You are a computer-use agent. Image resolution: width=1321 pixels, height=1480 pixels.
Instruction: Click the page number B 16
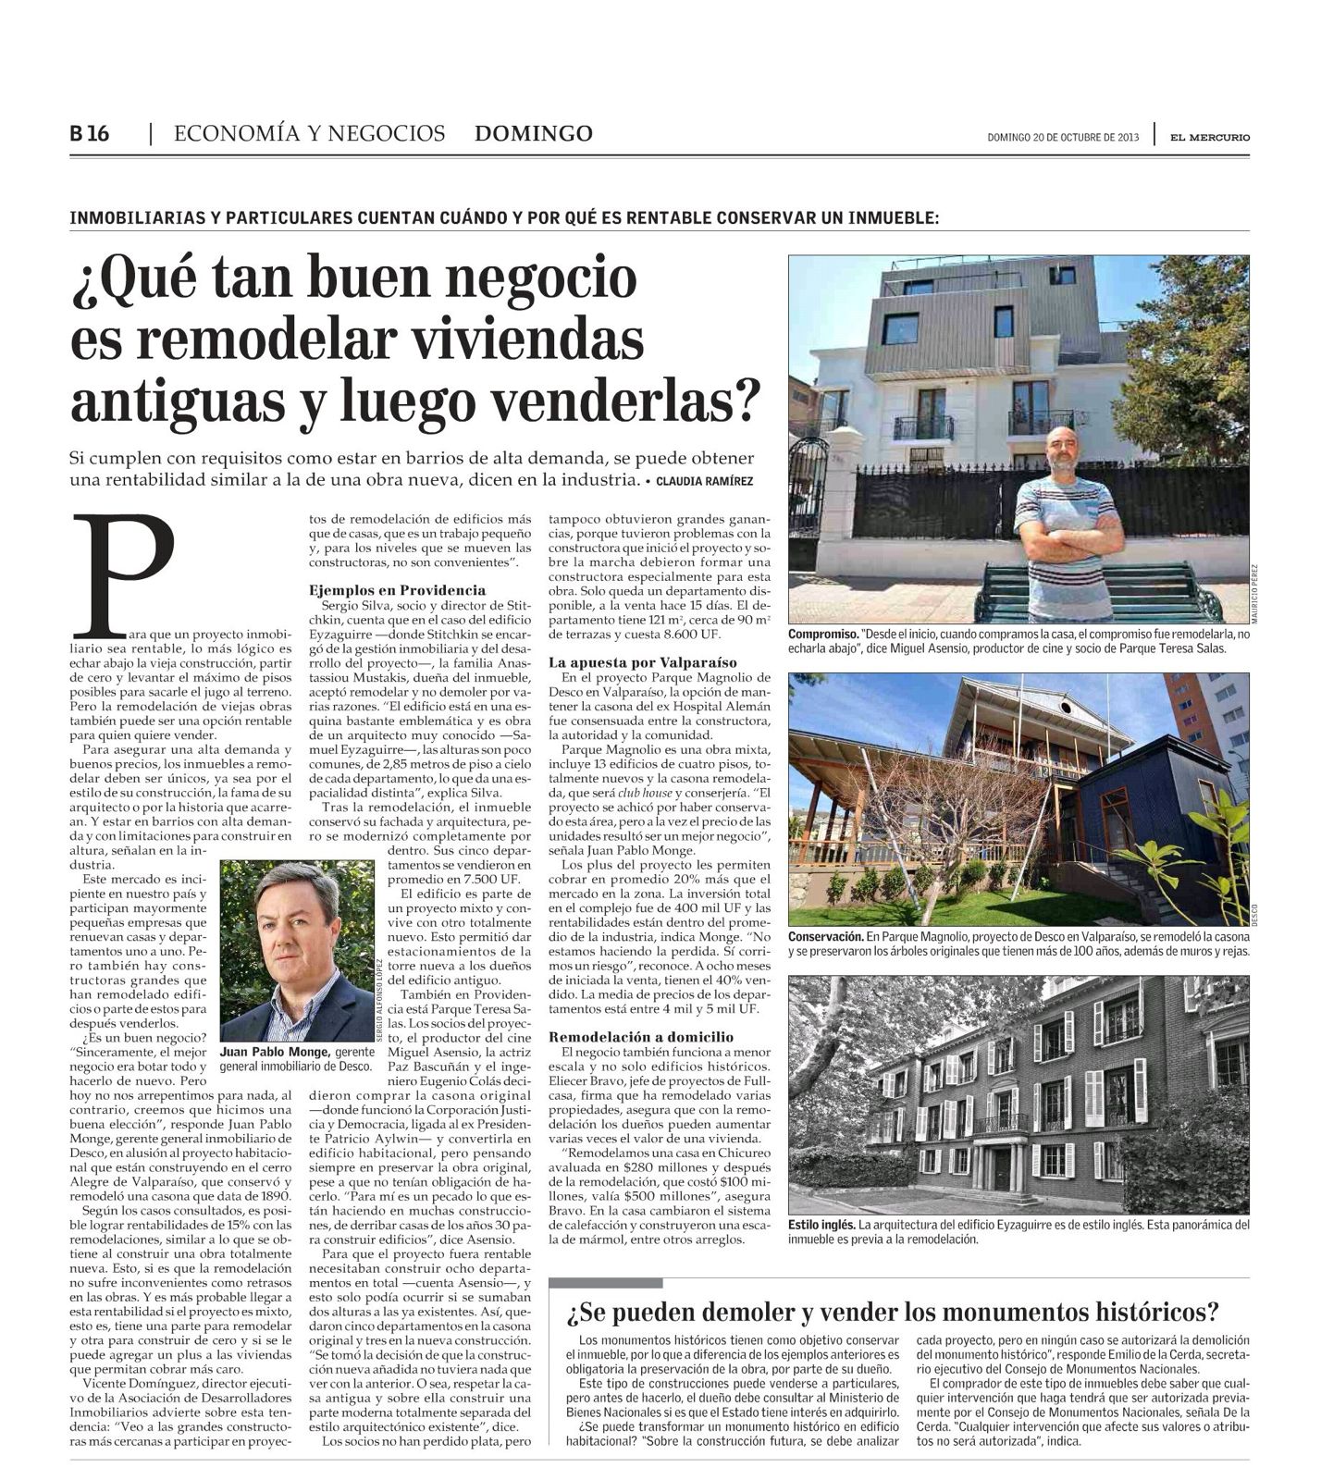[90, 133]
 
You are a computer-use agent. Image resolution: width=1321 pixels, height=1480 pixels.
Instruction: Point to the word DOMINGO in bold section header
[534, 133]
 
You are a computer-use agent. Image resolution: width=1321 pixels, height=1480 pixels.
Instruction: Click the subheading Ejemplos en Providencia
[397, 589]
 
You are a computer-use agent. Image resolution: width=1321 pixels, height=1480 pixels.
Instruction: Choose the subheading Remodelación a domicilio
[641, 1037]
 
